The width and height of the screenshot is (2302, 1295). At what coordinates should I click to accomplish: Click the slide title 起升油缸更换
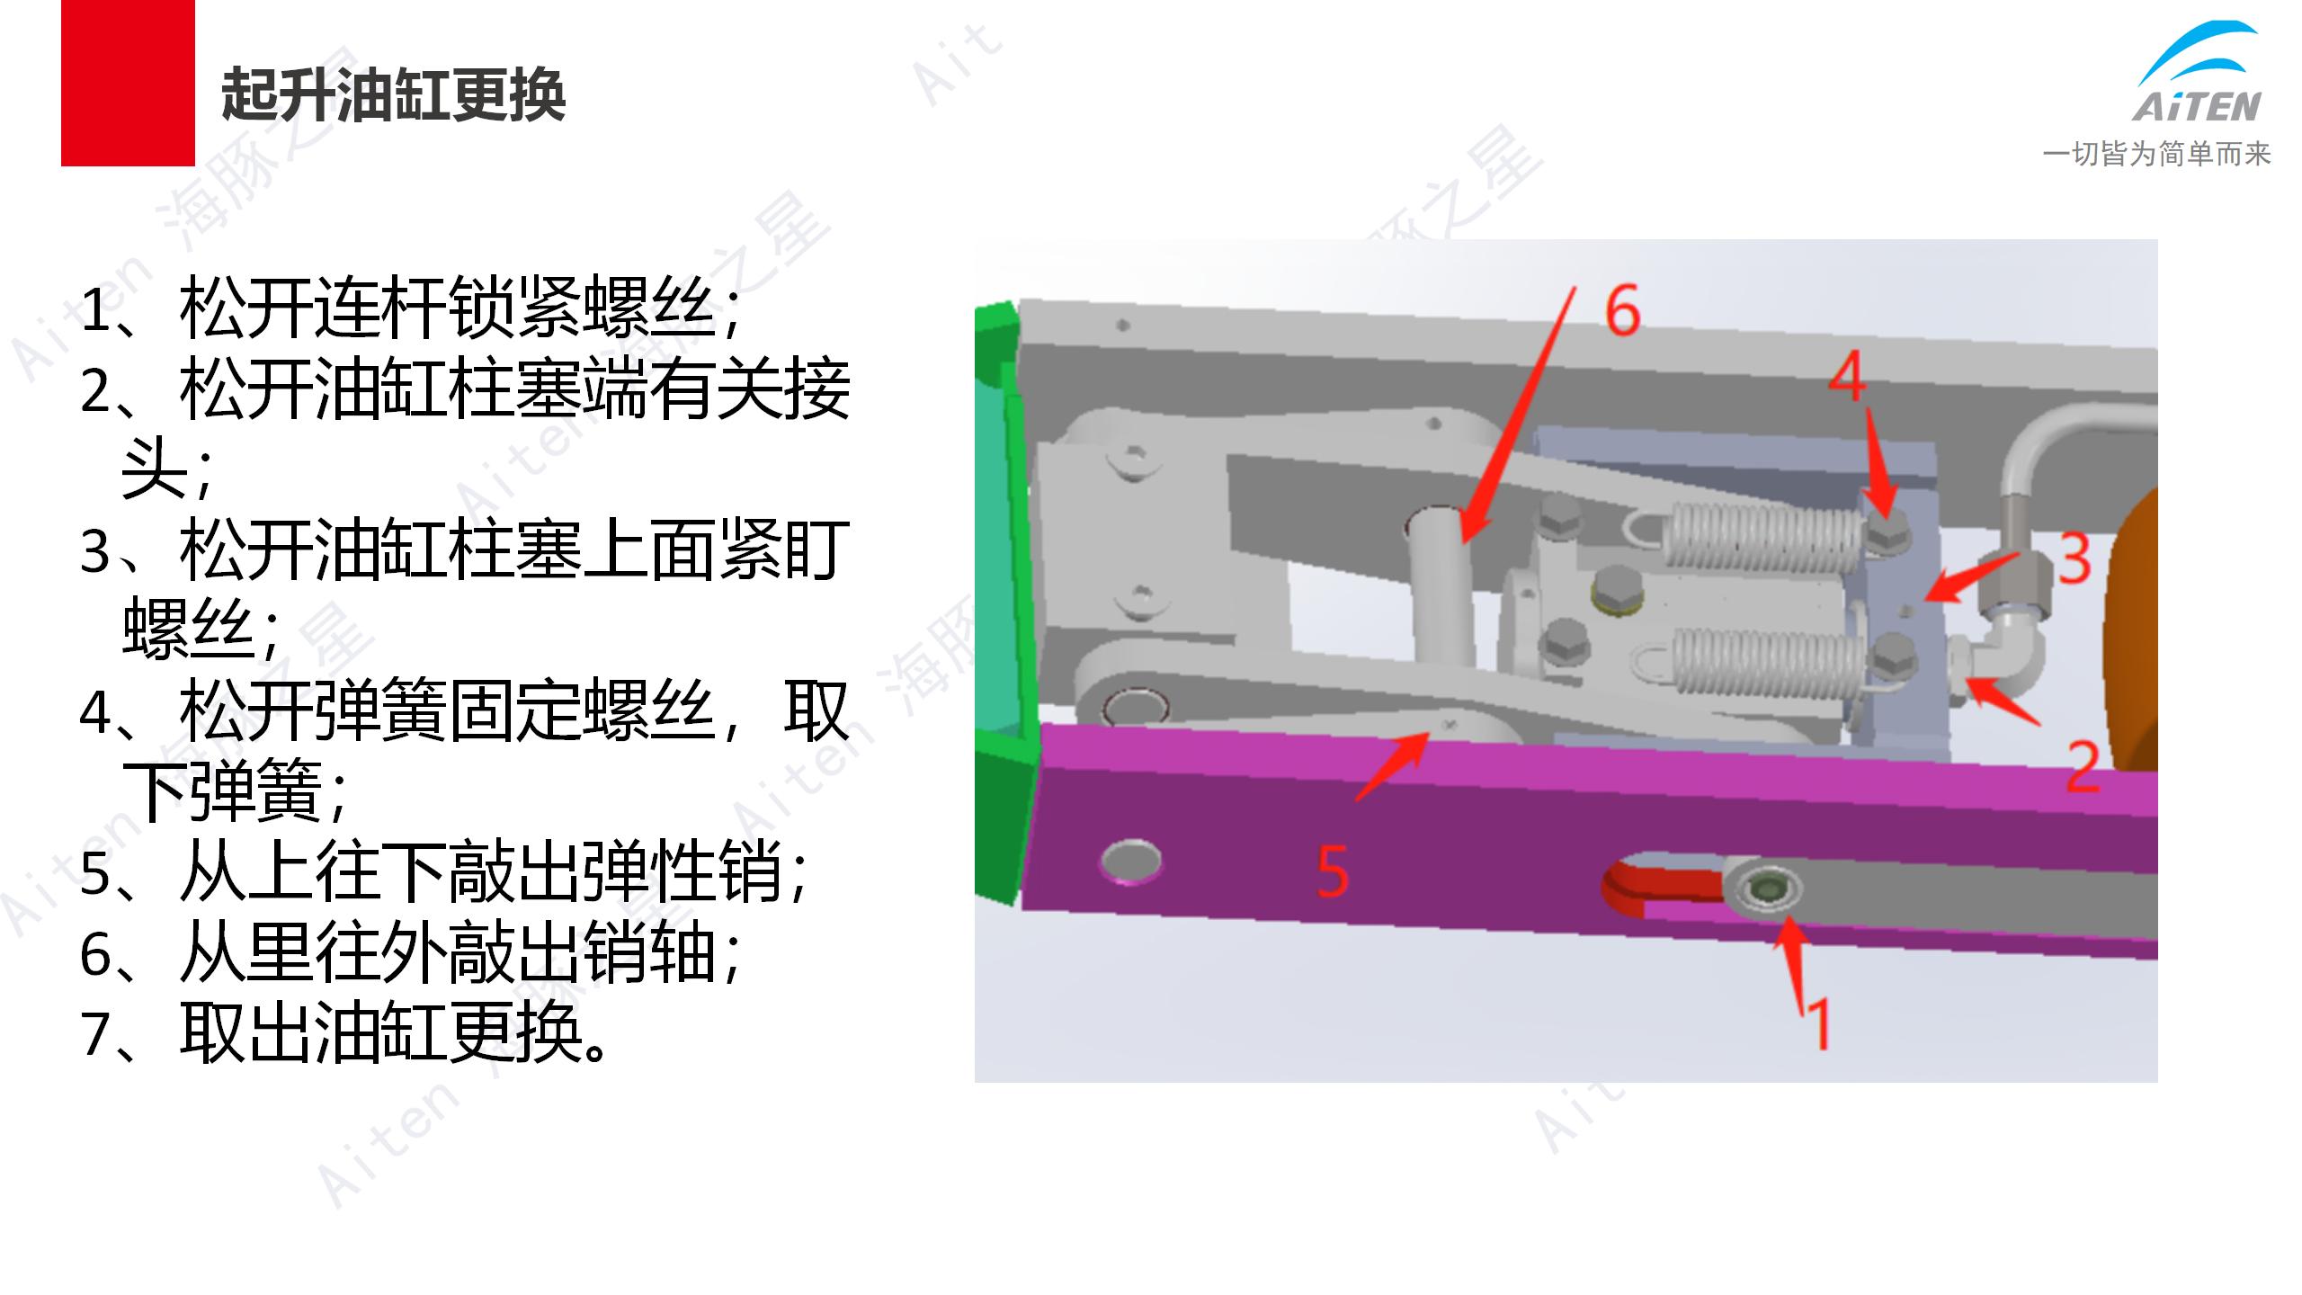[393, 95]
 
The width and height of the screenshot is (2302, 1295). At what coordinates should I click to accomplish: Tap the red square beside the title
[128, 83]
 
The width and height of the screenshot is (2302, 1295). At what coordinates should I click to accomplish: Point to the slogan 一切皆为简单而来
[2156, 154]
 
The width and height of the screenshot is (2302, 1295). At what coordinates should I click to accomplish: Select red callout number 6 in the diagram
[1623, 310]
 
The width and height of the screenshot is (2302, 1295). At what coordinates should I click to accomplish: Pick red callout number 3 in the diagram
[2074, 558]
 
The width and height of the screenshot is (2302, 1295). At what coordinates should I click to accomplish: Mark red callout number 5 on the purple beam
[1333, 871]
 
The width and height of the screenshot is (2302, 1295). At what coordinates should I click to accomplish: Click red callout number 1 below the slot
[1818, 1023]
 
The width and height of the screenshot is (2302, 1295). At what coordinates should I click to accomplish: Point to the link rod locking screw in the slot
[1762, 889]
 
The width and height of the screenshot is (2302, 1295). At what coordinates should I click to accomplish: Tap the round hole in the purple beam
[1130, 862]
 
